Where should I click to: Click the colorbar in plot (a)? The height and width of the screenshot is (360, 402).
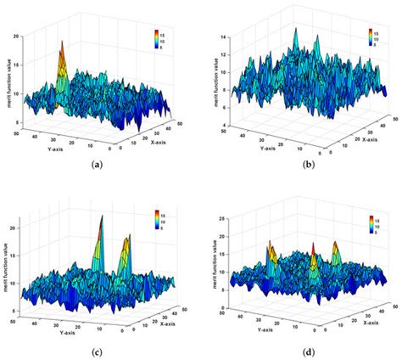pyautogui.click(x=158, y=37)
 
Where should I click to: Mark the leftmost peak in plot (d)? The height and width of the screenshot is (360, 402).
pyautogui.click(x=270, y=246)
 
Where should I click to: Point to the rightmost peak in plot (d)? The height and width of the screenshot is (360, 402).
pyautogui.click(x=336, y=246)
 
